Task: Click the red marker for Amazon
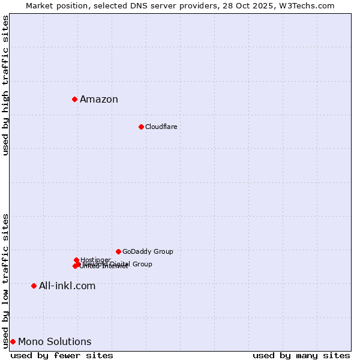74,99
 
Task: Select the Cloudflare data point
141,127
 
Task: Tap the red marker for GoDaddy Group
118,251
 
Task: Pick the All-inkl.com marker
34,286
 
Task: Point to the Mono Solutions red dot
13,341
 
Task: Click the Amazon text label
99,100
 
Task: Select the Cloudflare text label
161,127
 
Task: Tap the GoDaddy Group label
148,251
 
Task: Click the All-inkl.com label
67,286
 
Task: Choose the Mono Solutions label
55,342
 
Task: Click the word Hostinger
95,260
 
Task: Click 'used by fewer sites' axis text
62,355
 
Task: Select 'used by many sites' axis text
301,355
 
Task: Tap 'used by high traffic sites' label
5,85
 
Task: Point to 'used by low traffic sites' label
5,281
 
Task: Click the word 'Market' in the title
39,5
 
